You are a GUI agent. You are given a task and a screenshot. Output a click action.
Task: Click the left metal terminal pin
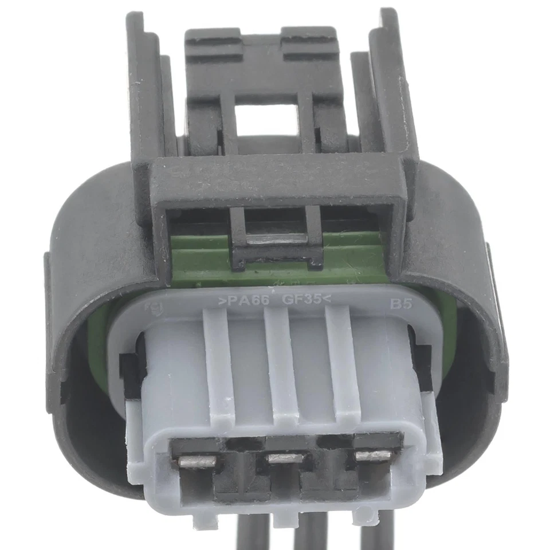[197, 461]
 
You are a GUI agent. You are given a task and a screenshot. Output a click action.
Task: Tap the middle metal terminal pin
[285, 458]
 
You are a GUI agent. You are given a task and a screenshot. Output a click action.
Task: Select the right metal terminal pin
[373, 455]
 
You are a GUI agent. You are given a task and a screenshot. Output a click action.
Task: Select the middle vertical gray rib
[281, 367]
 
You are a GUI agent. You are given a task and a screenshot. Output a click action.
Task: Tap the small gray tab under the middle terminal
[285, 518]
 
